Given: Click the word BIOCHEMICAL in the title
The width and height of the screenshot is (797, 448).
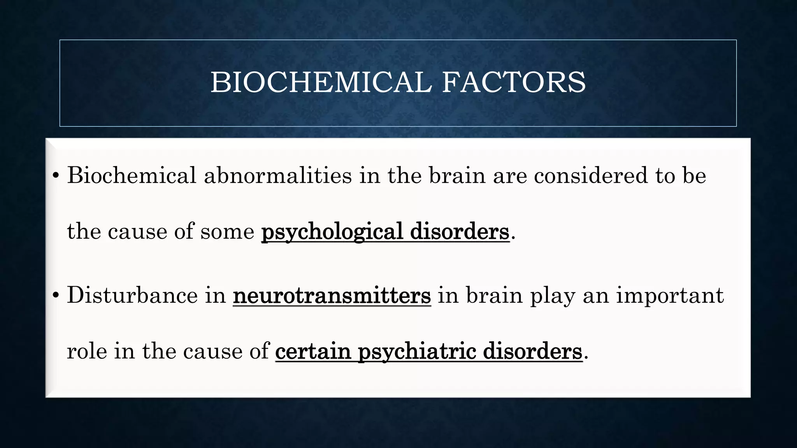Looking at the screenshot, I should point(321,82).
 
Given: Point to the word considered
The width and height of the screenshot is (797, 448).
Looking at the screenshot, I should point(591,175).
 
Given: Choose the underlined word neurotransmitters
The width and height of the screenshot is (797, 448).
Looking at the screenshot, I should point(332,296).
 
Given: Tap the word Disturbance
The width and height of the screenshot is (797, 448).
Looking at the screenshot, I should point(132,296).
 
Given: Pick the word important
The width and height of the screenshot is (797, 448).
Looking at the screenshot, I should point(670,296).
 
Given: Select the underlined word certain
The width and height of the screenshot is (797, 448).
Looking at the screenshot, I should point(313,351).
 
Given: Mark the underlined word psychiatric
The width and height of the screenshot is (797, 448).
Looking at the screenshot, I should point(417,351).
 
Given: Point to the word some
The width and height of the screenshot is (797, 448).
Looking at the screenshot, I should point(227,232).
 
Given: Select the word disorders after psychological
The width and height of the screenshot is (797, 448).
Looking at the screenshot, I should point(460,232).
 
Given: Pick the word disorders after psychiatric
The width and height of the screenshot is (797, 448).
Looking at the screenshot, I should point(532,351).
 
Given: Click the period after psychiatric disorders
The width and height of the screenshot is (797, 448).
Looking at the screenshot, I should point(586,357).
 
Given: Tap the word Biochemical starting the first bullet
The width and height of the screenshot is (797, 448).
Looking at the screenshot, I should point(132,175).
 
